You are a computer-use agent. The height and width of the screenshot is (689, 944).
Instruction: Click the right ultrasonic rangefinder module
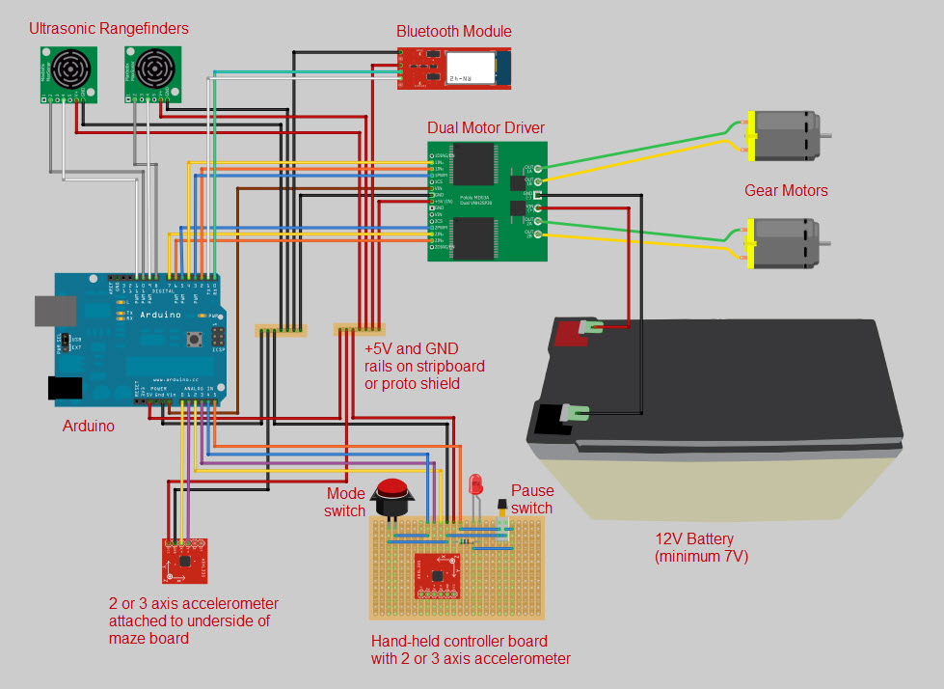click(152, 74)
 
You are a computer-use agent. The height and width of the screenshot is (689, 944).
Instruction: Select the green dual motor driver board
click(487, 201)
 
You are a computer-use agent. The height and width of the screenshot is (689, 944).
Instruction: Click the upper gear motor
click(783, 134)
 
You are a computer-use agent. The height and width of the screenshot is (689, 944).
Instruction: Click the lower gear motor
click(783, 242)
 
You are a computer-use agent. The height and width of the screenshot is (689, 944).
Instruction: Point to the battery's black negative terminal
click(552, 417)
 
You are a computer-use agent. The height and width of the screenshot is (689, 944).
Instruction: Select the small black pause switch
click(501, 507)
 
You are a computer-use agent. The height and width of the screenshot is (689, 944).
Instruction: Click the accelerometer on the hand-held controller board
click(437, 575)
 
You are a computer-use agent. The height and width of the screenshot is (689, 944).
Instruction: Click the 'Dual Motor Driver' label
click(485, 127)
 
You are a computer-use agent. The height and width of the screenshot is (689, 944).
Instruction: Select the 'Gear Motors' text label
click(786, 190)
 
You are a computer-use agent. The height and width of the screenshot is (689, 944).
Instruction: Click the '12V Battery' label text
click(693, 538)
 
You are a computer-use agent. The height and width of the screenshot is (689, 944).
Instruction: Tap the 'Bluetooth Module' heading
click(453, 31)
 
